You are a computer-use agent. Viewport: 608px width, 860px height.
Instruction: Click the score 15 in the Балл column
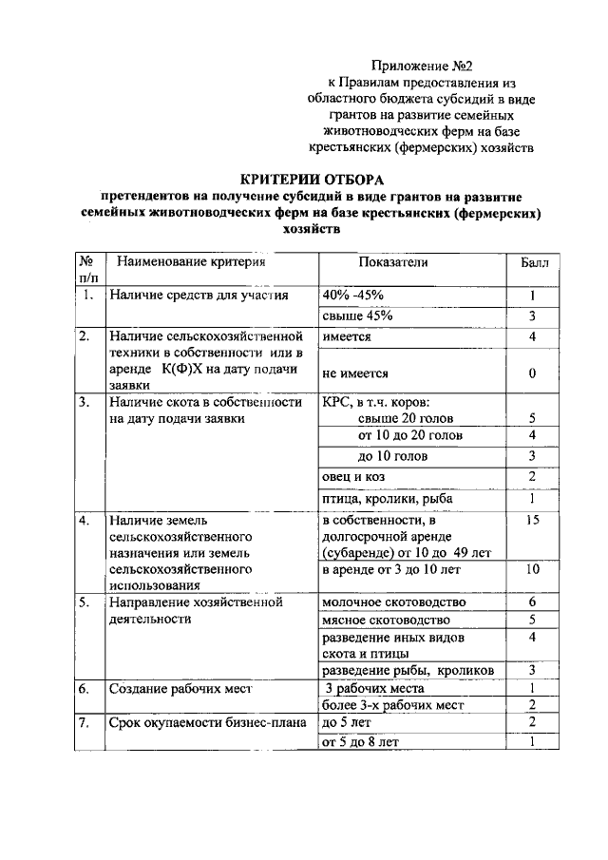tap(533, 521)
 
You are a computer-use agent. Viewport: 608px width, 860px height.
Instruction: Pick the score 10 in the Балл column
tap(533, 569)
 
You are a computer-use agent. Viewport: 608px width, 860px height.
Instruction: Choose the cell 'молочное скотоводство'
tap(393, 602)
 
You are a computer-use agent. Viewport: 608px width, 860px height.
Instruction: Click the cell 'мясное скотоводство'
tap(385, 620)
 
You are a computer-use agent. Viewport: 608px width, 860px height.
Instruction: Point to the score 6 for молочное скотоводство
tap(533, 602)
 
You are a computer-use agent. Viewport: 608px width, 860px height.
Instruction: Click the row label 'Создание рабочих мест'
tap(180, 689)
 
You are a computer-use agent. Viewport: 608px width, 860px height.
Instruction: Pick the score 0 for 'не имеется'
tap(533, 373)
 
